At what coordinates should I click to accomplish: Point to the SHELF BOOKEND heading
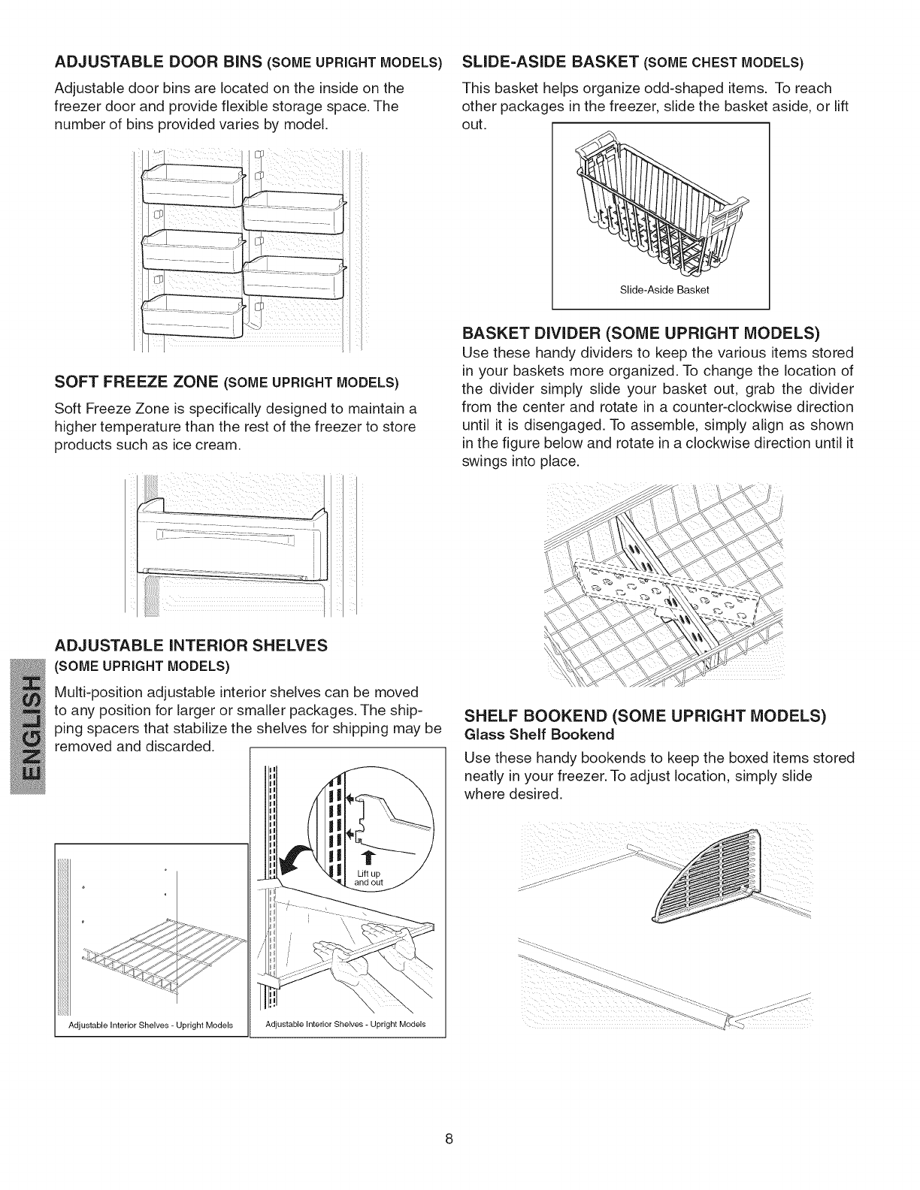[645, 714]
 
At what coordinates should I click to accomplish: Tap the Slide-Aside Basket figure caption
[660, 290]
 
